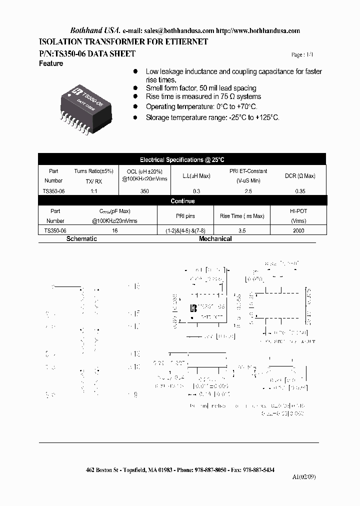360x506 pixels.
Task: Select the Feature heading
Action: (x=51, y=64)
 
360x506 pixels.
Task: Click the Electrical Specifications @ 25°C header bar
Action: (x=182, y=160)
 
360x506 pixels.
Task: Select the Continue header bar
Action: (x=182, y=201)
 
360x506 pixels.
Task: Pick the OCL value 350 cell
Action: (x=145, y=191)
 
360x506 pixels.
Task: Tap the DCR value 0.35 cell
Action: (x=300, y=191)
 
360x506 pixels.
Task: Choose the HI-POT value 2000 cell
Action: (x=298, y=231)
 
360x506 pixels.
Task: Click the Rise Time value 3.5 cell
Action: (x=242, y=231)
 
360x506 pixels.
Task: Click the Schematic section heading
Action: (x=81, y=239)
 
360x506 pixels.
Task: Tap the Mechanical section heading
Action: (x=215, y=239)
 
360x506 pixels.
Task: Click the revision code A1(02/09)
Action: (x=304, y=476)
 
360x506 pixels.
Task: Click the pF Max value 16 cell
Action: (x=114, y=231)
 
